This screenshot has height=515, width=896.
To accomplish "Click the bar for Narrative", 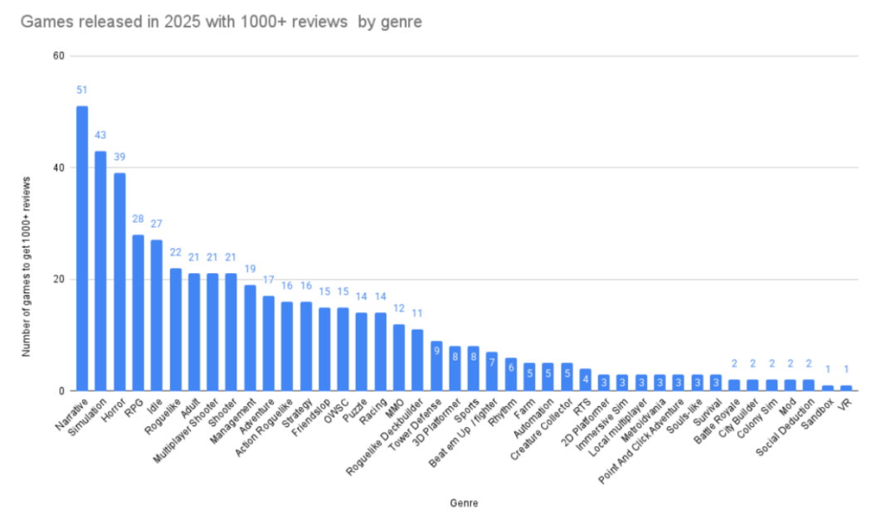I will [x=82, y=248].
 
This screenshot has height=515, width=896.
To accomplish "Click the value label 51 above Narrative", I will [x=82, y=90].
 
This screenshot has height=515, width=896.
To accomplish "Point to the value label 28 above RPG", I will [x=138, y=218].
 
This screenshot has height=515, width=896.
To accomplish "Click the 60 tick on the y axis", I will [x=59, y=56].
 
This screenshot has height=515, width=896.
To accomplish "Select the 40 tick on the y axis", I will [x=59, y=168].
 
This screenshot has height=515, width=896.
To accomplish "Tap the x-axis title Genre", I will [x=463, y=503].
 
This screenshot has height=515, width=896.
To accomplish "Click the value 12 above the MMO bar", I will [x=398, y=308].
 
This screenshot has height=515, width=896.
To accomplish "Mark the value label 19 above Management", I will [x=250, y=268].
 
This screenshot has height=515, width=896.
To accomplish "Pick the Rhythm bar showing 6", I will [x=510, y=375].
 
